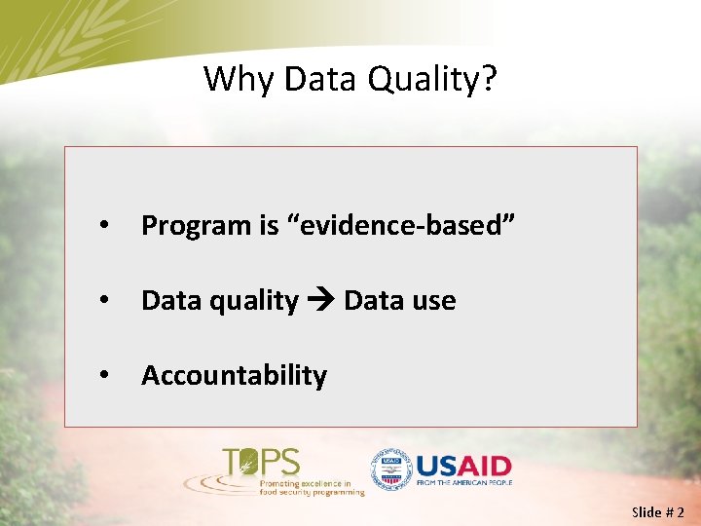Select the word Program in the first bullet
pos(196,226)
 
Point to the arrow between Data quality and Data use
pos(320,301)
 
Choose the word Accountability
pos(234,375)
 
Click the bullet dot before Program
pos(103,226)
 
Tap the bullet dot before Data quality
pos(103,301)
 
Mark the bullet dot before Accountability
pos(103,375)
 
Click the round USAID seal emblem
pos(390,470)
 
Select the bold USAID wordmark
pos(462,465)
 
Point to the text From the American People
pos(462,482)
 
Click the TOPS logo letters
pos(261,461)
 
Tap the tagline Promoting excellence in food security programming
pos(311,487)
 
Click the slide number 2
pos(680,512)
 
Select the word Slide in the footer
pos(646,512)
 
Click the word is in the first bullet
pos(269,226)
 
